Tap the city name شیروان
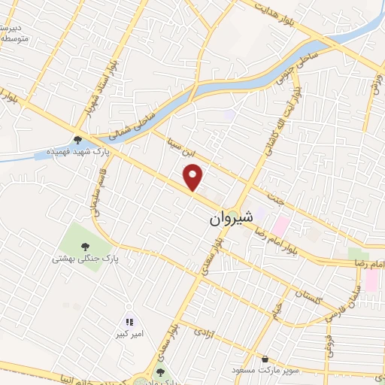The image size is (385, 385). click(x=226, y=219)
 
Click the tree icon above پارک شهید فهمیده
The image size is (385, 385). click(x=78, y=138)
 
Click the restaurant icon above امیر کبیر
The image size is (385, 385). click(x=129, y=321)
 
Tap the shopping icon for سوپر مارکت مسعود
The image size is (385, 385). click(x=265, y=358)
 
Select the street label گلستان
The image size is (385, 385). click(x=308, y=299)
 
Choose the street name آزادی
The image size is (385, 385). click(x=205, y=331)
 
